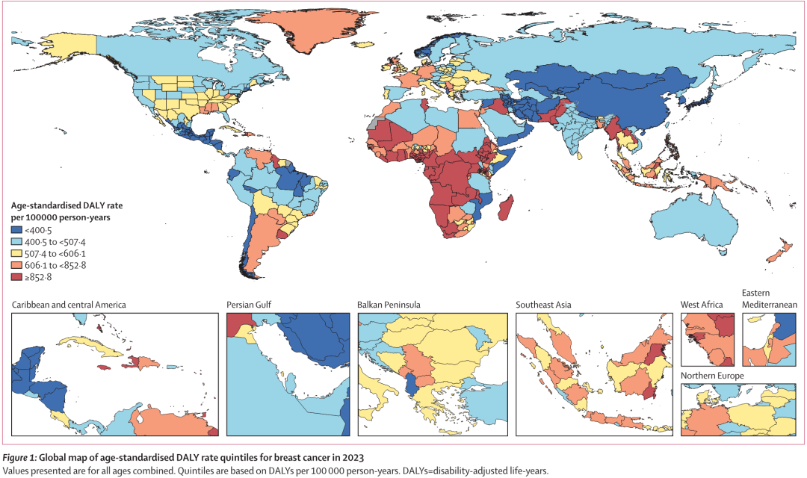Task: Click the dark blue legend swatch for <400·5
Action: [x=16, y=230]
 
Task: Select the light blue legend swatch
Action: [x=16, y=242]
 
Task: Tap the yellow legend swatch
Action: [x=16, y=254]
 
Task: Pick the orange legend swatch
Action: [x=16, y=265]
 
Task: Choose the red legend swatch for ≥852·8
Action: [x=16, y=277]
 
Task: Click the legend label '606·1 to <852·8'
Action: [x=55, y=265]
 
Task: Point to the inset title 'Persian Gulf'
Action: [x=249, y=305]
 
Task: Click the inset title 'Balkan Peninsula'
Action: [x=389, y=305]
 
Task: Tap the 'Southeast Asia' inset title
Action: [x=543, y=305]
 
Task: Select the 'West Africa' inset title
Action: [x=702, y=305]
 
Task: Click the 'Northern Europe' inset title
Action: [x=712, y=376]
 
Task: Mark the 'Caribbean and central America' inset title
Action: [x=69, y=305]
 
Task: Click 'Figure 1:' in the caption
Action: [x=19, y=457]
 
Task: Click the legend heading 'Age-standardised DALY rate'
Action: [x=67, y=205]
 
